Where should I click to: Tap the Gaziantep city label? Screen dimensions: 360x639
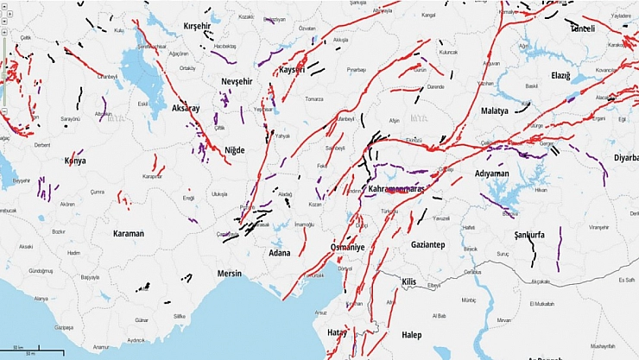pos(427,244)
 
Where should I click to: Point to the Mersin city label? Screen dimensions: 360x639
pos(230,273)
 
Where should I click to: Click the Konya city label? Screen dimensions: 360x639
pos(75,161)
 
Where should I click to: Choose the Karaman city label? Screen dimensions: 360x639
pos(128,233)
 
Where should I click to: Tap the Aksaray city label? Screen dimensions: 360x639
pos(185,109)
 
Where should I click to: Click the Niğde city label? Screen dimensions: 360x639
pos(234,150)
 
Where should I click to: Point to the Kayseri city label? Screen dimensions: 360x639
pos(294,69)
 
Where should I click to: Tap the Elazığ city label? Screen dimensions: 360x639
pos(561,76)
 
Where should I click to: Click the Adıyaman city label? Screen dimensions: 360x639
pos(491,174)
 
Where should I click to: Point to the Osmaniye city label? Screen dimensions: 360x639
pos(348,247)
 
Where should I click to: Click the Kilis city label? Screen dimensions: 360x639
pos(410,282)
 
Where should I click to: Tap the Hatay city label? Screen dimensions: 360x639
pos(337,332)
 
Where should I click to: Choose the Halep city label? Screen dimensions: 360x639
pos(411,334)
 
